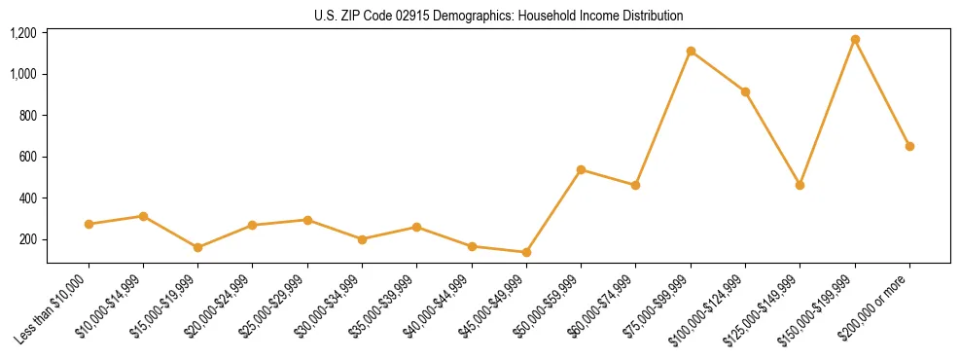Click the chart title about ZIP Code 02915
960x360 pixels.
(x=499, y=16)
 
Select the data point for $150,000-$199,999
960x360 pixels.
(x=855, y=40)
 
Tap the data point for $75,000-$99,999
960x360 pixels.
(x=691, y=51)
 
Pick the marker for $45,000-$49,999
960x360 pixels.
(x=526, y=252)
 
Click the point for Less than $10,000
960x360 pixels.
(x=89, y=224)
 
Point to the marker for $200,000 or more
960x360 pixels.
(x=909, y=146)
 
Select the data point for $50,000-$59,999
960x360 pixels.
(x=581, y=169)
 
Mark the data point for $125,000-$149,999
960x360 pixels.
(x=800, y=185)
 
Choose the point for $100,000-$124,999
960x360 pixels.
(x=745, y=91)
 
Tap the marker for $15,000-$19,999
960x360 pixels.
(x=197, y=247)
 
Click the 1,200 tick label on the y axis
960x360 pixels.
(x=23, y=33)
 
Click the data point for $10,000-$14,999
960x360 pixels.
(x=143, y=216)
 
